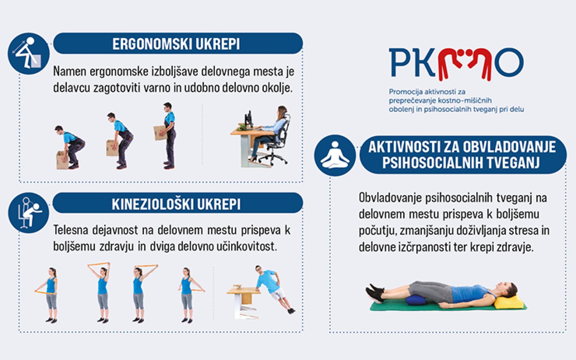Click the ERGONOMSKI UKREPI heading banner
178,44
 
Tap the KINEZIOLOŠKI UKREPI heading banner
178,203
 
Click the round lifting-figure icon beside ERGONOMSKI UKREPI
28,54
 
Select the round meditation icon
335,155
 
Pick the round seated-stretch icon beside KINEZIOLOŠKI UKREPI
28,213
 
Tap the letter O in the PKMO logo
509,63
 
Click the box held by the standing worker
160,133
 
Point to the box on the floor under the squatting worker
62,160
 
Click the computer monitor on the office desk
248,119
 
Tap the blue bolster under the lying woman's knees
417,300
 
